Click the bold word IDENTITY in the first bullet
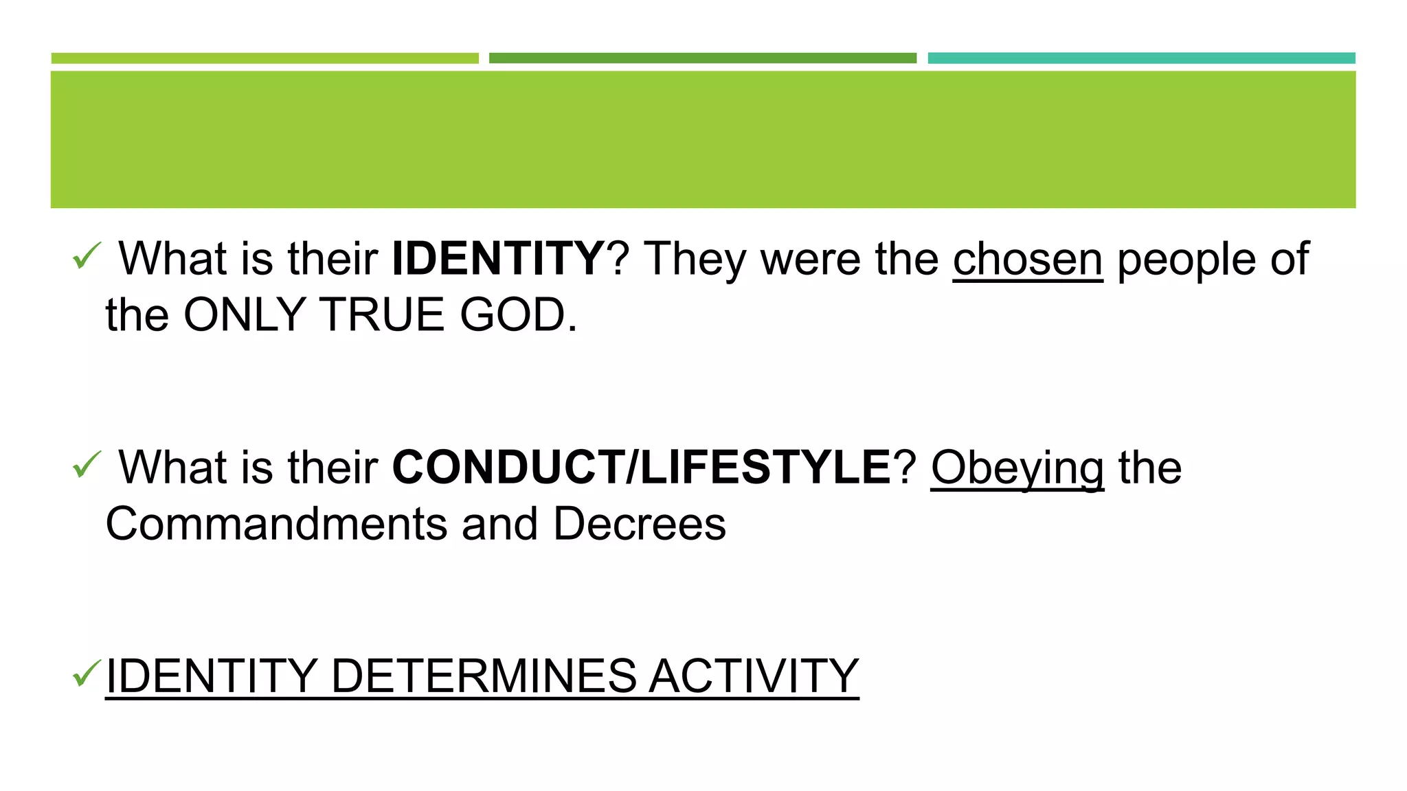497,259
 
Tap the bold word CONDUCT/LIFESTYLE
641,468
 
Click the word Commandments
276,525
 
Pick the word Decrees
639,525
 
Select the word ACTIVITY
754,676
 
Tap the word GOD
519,315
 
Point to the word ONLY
245,315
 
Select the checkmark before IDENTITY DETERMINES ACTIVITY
87,673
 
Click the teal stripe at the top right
1141,58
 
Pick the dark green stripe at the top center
702,58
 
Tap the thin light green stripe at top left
264,58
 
